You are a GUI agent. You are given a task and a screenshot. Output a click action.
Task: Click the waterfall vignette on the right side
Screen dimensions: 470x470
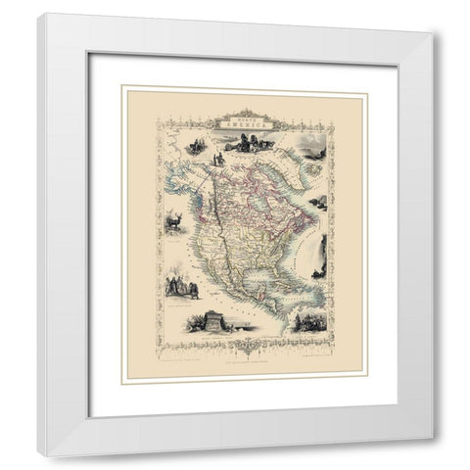point(315,262)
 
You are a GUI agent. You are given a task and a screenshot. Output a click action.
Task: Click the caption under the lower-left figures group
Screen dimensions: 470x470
point(182,303)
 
